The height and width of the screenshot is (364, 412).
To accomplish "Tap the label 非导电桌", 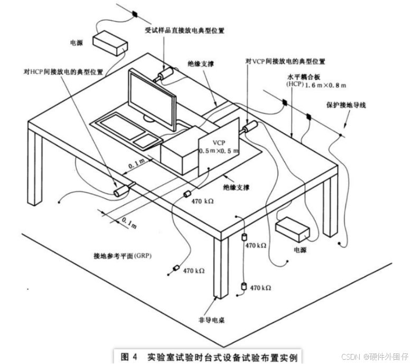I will [x=212, y=319].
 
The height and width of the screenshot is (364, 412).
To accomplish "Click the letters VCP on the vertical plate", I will [x=219, y=143].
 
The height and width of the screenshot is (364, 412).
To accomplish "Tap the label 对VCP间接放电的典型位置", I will [x=285, y=62].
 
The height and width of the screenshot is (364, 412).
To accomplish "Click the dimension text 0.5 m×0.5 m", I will [x=219, y=151].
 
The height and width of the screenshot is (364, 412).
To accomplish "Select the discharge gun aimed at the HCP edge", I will [x=124, y=189].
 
